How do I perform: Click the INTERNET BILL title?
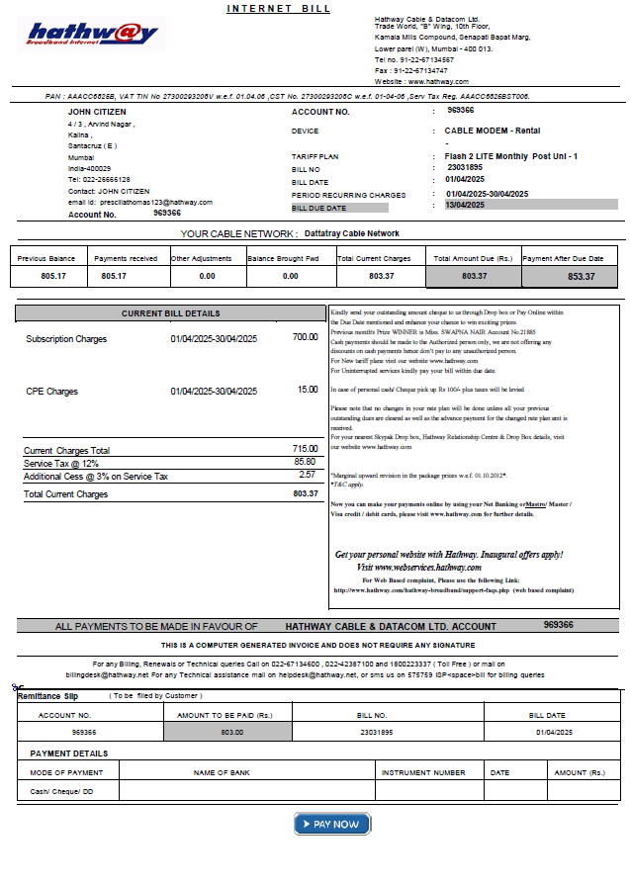[279, 9]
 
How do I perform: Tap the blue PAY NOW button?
[331, 824]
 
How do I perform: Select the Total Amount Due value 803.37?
[475, 276]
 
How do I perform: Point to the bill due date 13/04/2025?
[465, 205]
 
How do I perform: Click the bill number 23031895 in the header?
[465, 168]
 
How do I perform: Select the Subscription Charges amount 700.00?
[305, 337]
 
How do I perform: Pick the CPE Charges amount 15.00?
[308, 390]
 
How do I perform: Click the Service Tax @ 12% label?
[61, 464]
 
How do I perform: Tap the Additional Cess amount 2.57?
[307, 476]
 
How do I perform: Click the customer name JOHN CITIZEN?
[96, 112]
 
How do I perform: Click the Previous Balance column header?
[45, 258]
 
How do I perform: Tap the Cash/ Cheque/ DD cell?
[61, 792]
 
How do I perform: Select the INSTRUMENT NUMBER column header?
[422, 772]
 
